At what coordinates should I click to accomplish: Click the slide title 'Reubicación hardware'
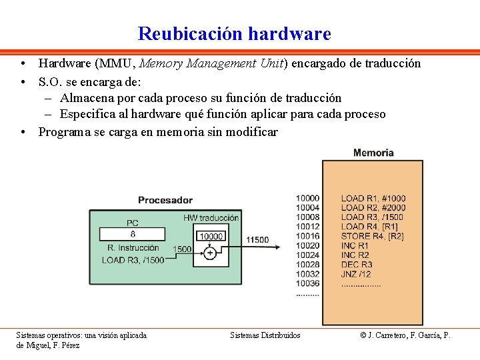tap(234, 33)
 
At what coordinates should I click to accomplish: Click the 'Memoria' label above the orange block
tap(373, 153)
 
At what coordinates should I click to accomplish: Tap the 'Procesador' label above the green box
tap(165, 199)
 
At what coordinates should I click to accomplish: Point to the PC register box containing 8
tap(132, 234)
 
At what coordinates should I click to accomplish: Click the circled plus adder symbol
tap(210, 253)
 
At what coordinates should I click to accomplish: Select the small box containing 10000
tap(211, 237)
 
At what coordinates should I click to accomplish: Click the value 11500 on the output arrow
tap(257, 240)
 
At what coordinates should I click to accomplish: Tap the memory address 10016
tap(307, 236)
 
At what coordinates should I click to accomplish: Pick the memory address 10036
tap(307, 283)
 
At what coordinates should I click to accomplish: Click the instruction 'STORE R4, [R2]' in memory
tap(372, 236)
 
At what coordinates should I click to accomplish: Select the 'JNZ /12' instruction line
tap(356, 274)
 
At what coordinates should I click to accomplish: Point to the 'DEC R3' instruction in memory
tap(357, 265)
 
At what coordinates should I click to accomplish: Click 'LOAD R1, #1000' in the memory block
tap(373, 198)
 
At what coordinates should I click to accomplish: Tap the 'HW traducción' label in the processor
tap(211, 218)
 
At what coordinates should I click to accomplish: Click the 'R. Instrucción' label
tap(133, 248)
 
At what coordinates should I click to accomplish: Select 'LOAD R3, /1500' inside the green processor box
tap(133, 260)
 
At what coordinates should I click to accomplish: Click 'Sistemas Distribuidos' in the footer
tap(265, 335)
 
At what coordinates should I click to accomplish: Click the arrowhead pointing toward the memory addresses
tap(292, 245)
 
